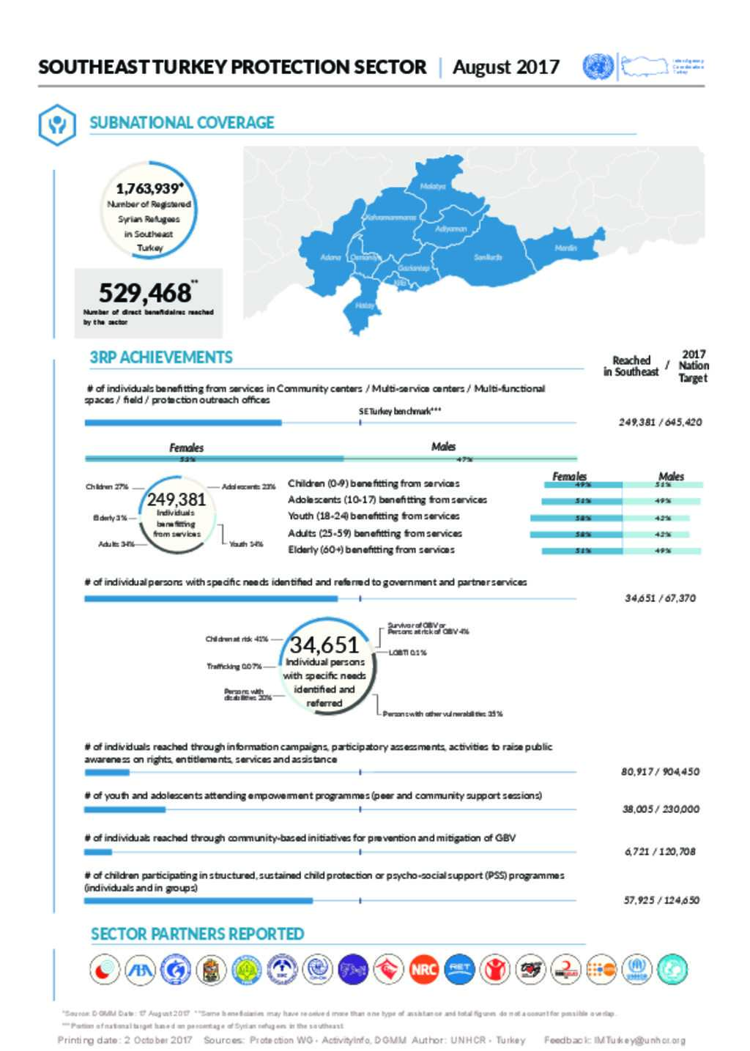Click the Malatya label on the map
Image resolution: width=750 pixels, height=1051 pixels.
tap(432, 186)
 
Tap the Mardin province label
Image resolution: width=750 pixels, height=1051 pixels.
tap(565, 248)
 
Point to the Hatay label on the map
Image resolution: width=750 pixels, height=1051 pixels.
tap(364, 305)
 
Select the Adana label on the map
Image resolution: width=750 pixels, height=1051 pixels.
tap(331, 257)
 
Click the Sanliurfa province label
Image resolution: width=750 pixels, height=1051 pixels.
tap(488, 257)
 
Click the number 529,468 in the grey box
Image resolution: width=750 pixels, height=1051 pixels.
tap(145, 293)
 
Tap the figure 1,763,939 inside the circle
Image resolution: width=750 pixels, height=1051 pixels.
tap(147, 189)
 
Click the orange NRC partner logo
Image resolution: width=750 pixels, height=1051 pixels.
tap(423, 970)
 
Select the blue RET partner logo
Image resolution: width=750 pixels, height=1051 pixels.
tap(459, 970)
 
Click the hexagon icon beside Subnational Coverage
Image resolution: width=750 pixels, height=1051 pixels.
tap(57, 124)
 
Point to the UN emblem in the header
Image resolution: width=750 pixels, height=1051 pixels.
tap(598, 67)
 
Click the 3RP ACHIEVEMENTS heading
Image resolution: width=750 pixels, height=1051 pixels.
tap(161, 357)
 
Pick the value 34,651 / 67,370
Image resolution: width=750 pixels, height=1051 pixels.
tap(660, 598)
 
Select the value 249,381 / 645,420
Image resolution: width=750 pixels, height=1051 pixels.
tap(660, 422)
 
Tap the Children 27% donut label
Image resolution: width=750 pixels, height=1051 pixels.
tap(107, 486)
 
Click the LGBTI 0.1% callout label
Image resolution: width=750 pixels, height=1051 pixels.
tap(407, 653)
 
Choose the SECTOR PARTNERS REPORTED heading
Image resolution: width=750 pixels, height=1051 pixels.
tap(197, 934)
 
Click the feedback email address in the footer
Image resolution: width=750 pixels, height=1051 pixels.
tap(640, 1040)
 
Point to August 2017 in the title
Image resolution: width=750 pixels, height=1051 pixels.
tap(505, 67)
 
